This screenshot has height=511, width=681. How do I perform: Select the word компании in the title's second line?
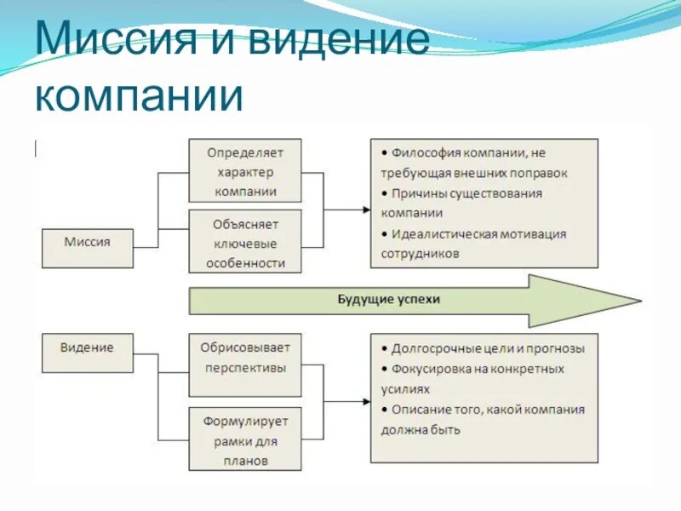click(x=139, y=95)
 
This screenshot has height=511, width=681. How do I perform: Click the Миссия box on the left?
click(x=87, y=242)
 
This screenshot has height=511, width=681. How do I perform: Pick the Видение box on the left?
click(x=87, y=348)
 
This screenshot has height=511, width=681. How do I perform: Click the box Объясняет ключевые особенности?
click(x=245, y=243)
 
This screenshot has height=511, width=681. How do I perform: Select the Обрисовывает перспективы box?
click(x=245, y=359)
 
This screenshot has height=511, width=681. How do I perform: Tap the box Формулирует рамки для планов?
click(x=245, y=440)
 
